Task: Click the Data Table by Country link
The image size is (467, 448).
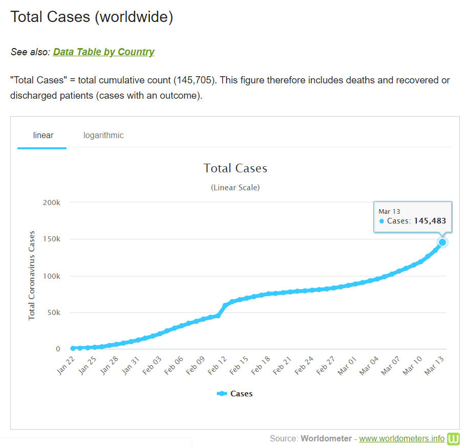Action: click(x=103, y=52)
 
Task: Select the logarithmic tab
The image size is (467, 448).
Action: click(x=103, y=136)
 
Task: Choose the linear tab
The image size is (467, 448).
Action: click(x=43, y=136)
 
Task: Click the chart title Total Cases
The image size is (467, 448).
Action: click(x=235, y=168)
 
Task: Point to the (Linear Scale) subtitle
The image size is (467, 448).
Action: click(x=235, y=188)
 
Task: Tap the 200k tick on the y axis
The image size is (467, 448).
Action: click(x=51, y=203)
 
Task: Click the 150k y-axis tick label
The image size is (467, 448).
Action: click(x=51, y=239)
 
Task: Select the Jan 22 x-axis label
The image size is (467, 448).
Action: click(x=65, y=366)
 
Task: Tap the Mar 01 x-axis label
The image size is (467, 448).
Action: click(x=347, y=366)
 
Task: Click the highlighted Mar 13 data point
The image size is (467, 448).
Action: click(x=442, y=242)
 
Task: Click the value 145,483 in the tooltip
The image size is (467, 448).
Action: click(x=430, y=221)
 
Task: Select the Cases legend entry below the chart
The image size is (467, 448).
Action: click(x=235, y=394)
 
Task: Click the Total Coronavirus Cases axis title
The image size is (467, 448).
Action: click(x=32, y=276)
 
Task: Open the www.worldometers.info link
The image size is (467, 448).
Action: click(x=402, y=438)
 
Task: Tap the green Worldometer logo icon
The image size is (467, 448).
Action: click(x=454, y=439)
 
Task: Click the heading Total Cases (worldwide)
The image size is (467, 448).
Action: click(x=92, y=17)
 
